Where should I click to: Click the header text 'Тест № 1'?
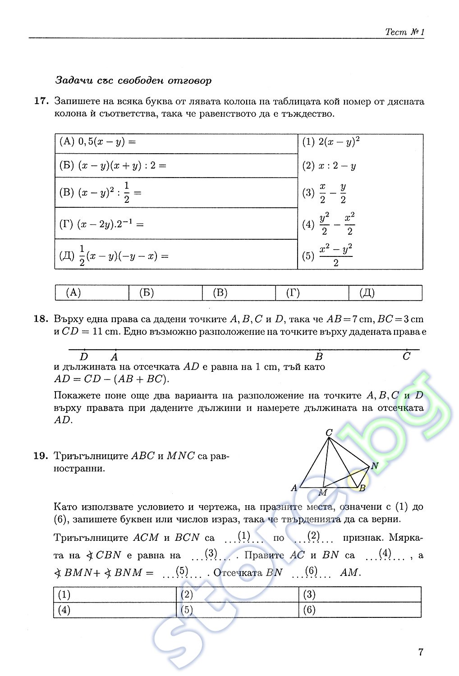click(404, 32)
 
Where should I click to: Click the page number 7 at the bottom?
click(420, 652)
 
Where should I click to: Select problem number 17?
click(41, 101)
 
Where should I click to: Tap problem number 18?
click(41, 319)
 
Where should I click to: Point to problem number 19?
click(41, 456)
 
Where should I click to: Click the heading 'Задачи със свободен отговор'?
click(133, 81)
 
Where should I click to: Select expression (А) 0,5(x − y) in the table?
click(98, 142)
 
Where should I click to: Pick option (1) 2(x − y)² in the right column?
click(331, 142)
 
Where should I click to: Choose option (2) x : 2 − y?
click(329, 166)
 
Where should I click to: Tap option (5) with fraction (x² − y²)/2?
click(328, 256)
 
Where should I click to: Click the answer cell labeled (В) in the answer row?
click(239, 293)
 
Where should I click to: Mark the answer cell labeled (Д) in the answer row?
click(386, 293)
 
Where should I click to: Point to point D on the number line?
click(84, 356)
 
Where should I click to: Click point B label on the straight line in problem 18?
click(319, 356)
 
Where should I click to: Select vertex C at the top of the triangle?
click(329, 433)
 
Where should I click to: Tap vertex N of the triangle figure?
click(374, 466)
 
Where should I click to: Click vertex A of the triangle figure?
click(294, 488)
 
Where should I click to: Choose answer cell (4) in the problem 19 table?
click(115, 610)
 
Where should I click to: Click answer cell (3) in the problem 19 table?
click(359, 594)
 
